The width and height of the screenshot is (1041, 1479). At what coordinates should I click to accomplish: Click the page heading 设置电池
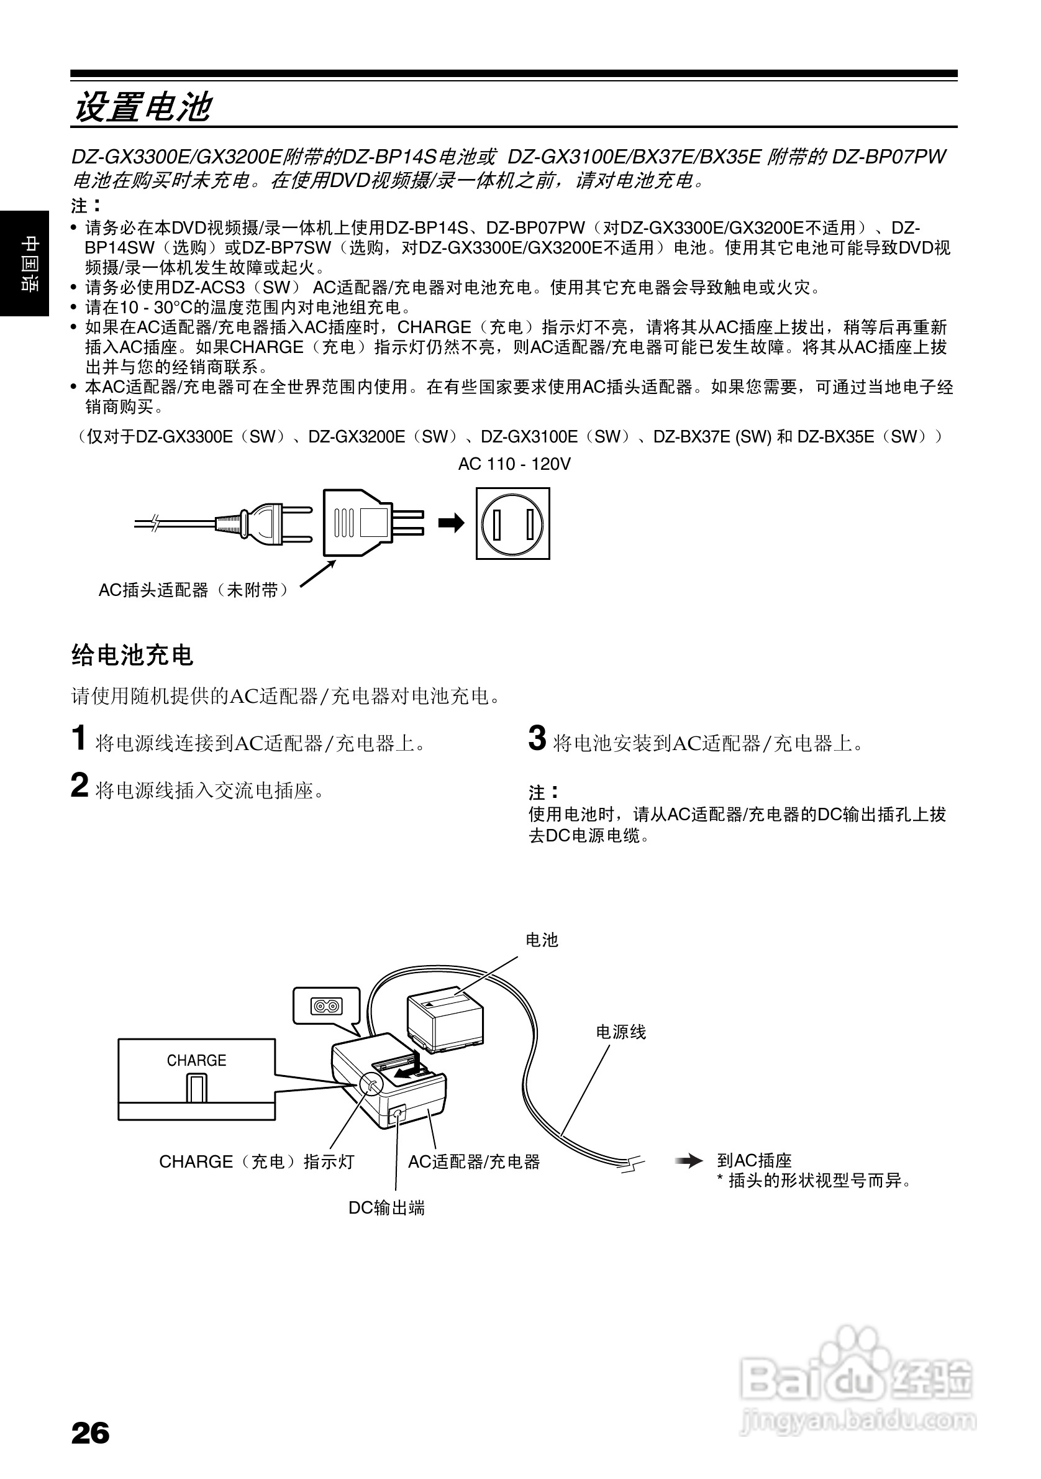142,107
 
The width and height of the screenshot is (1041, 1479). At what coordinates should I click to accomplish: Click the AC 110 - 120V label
514,464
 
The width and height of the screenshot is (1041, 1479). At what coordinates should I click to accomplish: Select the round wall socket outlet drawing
512,523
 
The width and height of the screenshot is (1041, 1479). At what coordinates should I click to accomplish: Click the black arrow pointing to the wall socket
451,523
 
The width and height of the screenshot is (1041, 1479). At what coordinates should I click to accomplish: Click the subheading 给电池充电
132,655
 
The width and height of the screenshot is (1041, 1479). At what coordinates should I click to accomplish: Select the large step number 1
78,738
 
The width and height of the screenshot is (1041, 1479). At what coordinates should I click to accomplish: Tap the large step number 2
79,786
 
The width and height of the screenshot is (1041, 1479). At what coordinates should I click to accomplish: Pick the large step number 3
537,738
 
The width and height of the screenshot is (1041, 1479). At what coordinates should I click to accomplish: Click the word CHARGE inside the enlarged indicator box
196,1060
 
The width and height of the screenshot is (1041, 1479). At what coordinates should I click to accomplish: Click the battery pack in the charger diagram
445,1021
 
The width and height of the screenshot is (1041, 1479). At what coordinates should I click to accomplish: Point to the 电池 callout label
542,940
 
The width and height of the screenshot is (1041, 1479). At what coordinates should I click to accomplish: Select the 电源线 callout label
621,1032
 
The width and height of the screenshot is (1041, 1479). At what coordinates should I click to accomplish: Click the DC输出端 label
386,1208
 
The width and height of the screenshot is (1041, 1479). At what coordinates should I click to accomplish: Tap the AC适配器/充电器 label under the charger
474,1161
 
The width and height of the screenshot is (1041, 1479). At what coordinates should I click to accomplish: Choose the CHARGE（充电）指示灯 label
257,1161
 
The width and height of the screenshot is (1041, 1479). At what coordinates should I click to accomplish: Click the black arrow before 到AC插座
688,1161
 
